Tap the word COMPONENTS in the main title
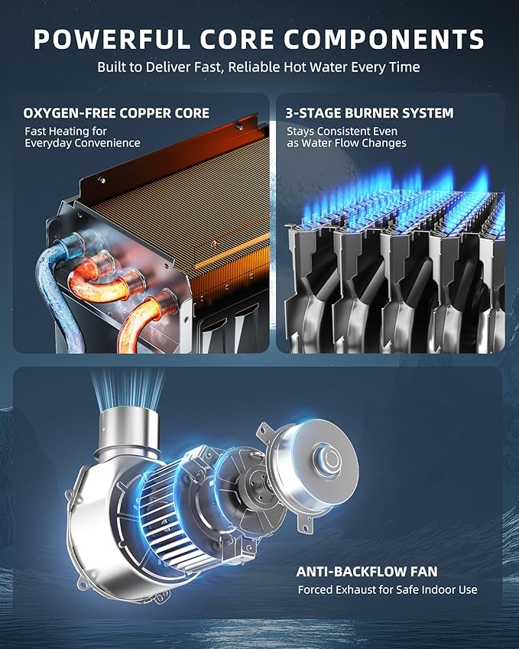click(384, 39)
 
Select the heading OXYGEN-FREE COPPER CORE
click(116, 113)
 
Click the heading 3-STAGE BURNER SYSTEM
click(369, 113)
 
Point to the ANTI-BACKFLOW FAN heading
click(367, 572)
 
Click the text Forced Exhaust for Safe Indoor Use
click(388, 589)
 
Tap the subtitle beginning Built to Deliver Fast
click(258, 67)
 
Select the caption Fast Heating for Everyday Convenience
click(83, 137)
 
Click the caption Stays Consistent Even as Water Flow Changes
click(346, 137)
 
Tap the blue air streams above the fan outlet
click(128, 388)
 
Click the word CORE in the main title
click(237, 39)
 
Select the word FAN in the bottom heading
click(424, 572)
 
